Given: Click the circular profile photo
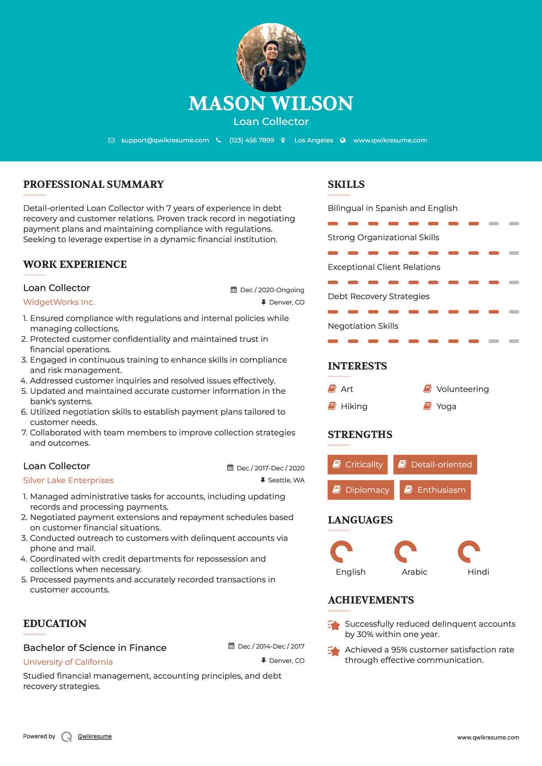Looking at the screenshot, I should click(271, 58).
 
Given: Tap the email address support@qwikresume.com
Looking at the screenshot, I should click(165, 140).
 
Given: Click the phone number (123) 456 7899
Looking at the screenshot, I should click(252, 140).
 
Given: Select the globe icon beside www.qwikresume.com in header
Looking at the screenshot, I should click(343, 140).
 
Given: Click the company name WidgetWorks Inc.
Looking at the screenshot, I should click(59, 302).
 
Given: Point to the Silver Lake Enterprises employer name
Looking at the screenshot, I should click(68, 480).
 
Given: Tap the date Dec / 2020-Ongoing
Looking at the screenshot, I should click(272, 290).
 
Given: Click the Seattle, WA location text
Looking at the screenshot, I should click(286, 480).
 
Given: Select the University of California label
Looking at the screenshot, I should click(68, 662).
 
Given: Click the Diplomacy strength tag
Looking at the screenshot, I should click(361, 490).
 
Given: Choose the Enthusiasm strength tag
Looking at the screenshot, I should click(435, 490).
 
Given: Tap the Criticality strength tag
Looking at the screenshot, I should click(357, 465).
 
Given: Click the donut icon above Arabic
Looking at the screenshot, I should click(405, 552).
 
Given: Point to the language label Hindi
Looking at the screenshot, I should click(478, 572).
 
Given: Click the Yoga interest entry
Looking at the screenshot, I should click(446, 406).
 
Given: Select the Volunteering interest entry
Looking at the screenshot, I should click(462, 389).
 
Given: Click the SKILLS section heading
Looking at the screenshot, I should click(346, 184).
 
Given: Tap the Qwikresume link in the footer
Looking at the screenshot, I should click(95, 736).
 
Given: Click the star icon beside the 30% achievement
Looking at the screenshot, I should click(334, 625).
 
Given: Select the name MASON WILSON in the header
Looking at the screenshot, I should click(271, 104).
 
